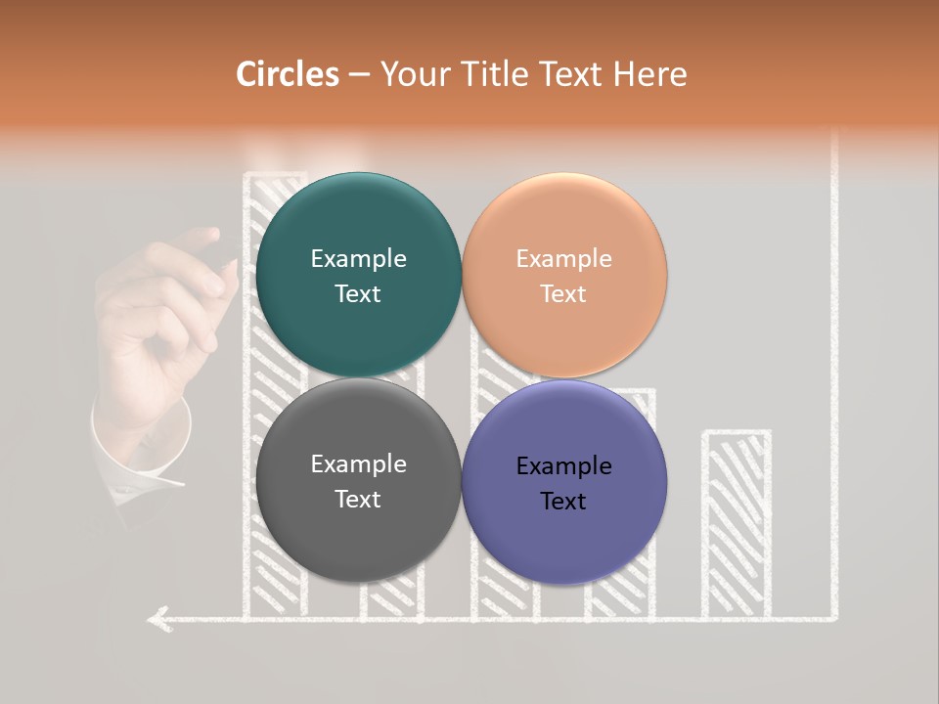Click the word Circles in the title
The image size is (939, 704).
[x=287, y=74]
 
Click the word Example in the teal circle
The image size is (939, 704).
[x=358, y=259]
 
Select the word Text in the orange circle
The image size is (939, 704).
[x=563, y=294]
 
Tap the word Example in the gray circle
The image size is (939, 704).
[x=358, y=464]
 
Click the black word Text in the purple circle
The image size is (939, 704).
[x=563, y=502]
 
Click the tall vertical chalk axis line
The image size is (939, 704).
[x=834, y=391]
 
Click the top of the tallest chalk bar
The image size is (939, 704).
[x=274, y=177]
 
